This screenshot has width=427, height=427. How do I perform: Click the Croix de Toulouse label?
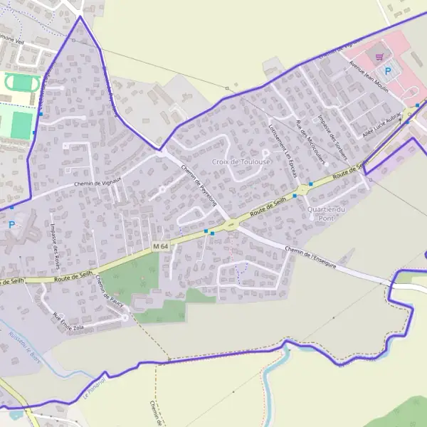[241, 162]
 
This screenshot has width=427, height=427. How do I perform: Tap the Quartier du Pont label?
[325, 213]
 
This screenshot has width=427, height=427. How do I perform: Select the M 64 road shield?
[160, 246]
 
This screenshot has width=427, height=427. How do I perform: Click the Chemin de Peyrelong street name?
[199, 186]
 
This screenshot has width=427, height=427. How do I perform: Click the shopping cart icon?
[379, 56]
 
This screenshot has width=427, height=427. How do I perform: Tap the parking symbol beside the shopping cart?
[388, 70]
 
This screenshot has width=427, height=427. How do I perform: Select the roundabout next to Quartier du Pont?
[305, 189]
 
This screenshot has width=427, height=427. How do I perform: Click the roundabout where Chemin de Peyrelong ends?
[230, 226]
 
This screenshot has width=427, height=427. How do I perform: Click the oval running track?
[22, 83]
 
